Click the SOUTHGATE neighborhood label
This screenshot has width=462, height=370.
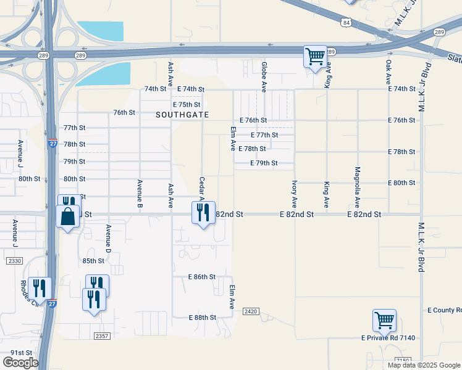[x=182, y=115]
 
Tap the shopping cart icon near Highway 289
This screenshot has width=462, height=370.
[x=315, y=57]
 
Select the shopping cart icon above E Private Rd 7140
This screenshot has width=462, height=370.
[x=384, y=320]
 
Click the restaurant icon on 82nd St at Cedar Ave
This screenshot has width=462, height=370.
[x=203, y=213]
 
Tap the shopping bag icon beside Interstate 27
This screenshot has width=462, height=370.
[x=67, y=217]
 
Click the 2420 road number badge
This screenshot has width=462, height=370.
[x=250, y=311]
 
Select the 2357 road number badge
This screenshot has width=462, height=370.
[x=102, y=335]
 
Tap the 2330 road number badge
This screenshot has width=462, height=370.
[x=14, y=261]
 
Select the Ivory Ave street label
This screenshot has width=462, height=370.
[x=295, y=194]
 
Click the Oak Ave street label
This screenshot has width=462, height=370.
[x=388, y=72]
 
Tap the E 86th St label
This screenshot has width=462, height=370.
[x=202, y=277]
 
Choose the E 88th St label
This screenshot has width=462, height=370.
[x=202, y=318]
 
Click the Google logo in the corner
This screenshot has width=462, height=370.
[x=20, y=363]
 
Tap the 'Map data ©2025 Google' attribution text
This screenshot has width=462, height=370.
[x=424, y=365]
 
